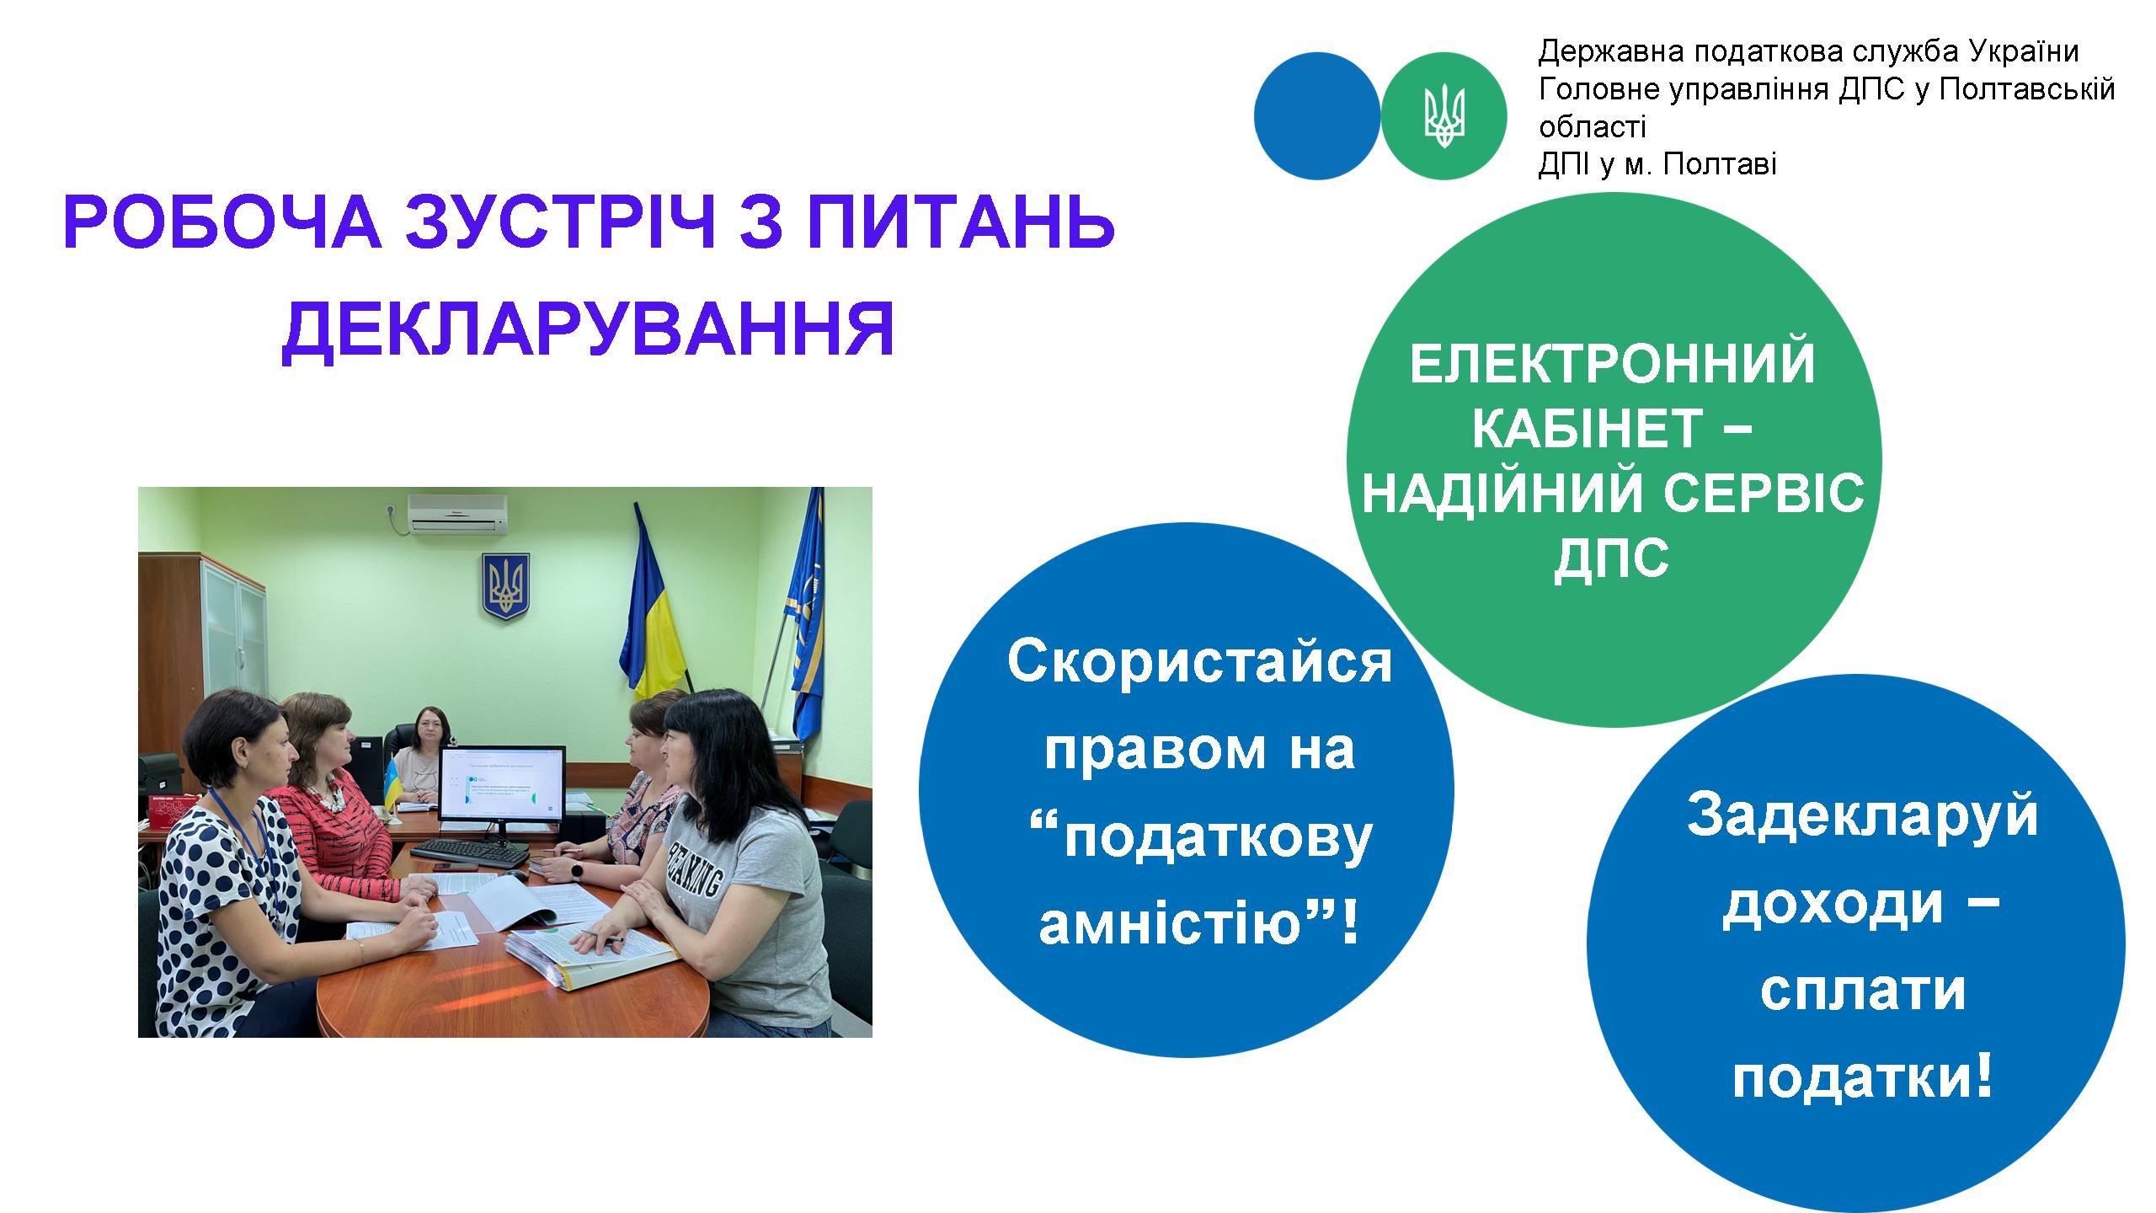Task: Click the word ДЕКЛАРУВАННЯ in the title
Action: tap(588, 332)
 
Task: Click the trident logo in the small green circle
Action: tap(1444, 116)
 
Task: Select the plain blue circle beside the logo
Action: tap(1317, 116)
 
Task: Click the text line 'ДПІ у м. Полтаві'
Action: tap(1657, 163)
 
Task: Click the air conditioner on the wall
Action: tap(457, 514)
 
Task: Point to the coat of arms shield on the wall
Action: tap(504, 587)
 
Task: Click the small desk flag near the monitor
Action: tap(392, 781)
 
